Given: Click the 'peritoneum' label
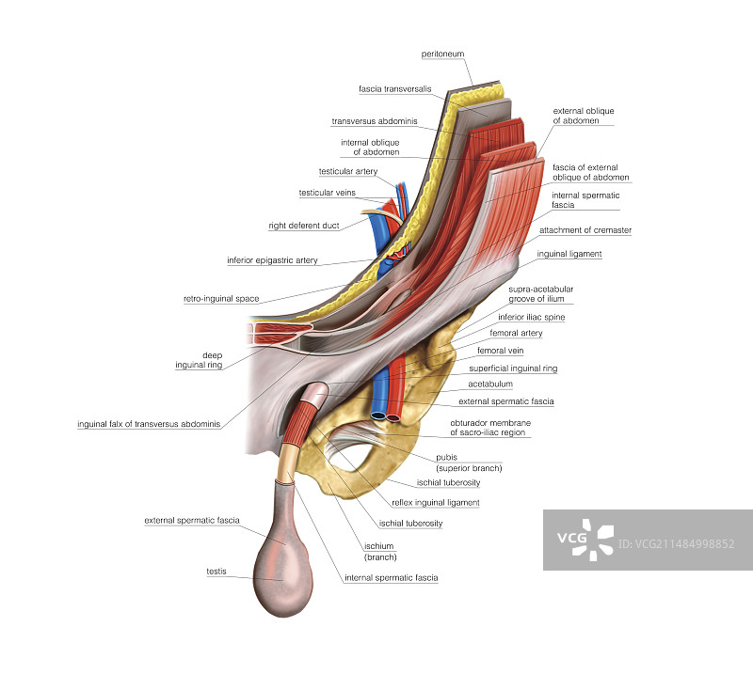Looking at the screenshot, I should pyautogui.click(x=442, y=55).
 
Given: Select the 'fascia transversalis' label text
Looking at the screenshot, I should pyautogui.click(x=395, y=88).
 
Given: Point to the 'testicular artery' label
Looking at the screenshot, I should pyautogui.click(x=348, y=171).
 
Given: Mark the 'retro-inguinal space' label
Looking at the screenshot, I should pyautogui.click(x=221, y=299).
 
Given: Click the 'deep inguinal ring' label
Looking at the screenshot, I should pyautogui.click(x=199, y=359).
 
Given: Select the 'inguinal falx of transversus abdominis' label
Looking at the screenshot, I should pyautogui.click(x=149, y=424).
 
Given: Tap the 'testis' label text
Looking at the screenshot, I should pyautogui.click(x=216, y=571).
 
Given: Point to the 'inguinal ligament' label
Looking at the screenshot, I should pyautogui.click(x=569, y=254).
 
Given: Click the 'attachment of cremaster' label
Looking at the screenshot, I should pyautogui.click(x=585, y=229).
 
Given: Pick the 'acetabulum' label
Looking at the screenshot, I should pyautogui.click(x=490, y=384).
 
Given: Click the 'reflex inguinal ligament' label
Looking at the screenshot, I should pyautogui.click(x=436, y=502).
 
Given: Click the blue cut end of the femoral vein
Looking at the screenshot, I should pyautogui.click(x=377, y=414).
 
